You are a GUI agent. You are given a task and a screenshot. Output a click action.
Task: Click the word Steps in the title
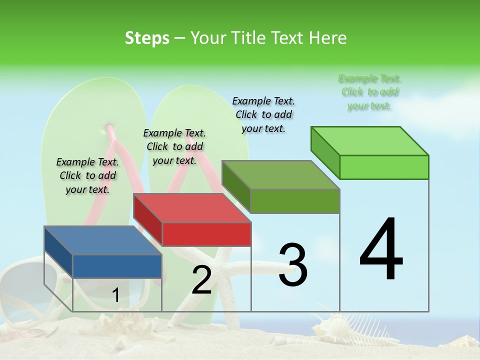click(x=147, y=38)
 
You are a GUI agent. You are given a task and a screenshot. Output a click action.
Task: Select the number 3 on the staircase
click(x=292, y=265)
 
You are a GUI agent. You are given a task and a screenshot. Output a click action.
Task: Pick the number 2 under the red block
click(x=201, y=280)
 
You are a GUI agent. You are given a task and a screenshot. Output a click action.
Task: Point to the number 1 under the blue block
click(x=115, y=295)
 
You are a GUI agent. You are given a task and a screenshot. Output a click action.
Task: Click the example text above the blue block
click(x=87, y=175)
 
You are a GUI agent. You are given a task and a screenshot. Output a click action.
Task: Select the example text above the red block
click(x=174, y=146)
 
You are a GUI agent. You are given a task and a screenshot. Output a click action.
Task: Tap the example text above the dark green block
click(x=263, y=114)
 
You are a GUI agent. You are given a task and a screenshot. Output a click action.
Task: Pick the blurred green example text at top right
click(x=369, y=92)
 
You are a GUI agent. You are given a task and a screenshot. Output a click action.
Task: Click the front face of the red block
click(x=206, y=234)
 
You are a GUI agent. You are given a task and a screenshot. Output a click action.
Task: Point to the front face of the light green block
click(x=384, y=167)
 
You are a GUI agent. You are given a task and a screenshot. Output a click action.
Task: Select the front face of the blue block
click(x=117, y=266)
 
